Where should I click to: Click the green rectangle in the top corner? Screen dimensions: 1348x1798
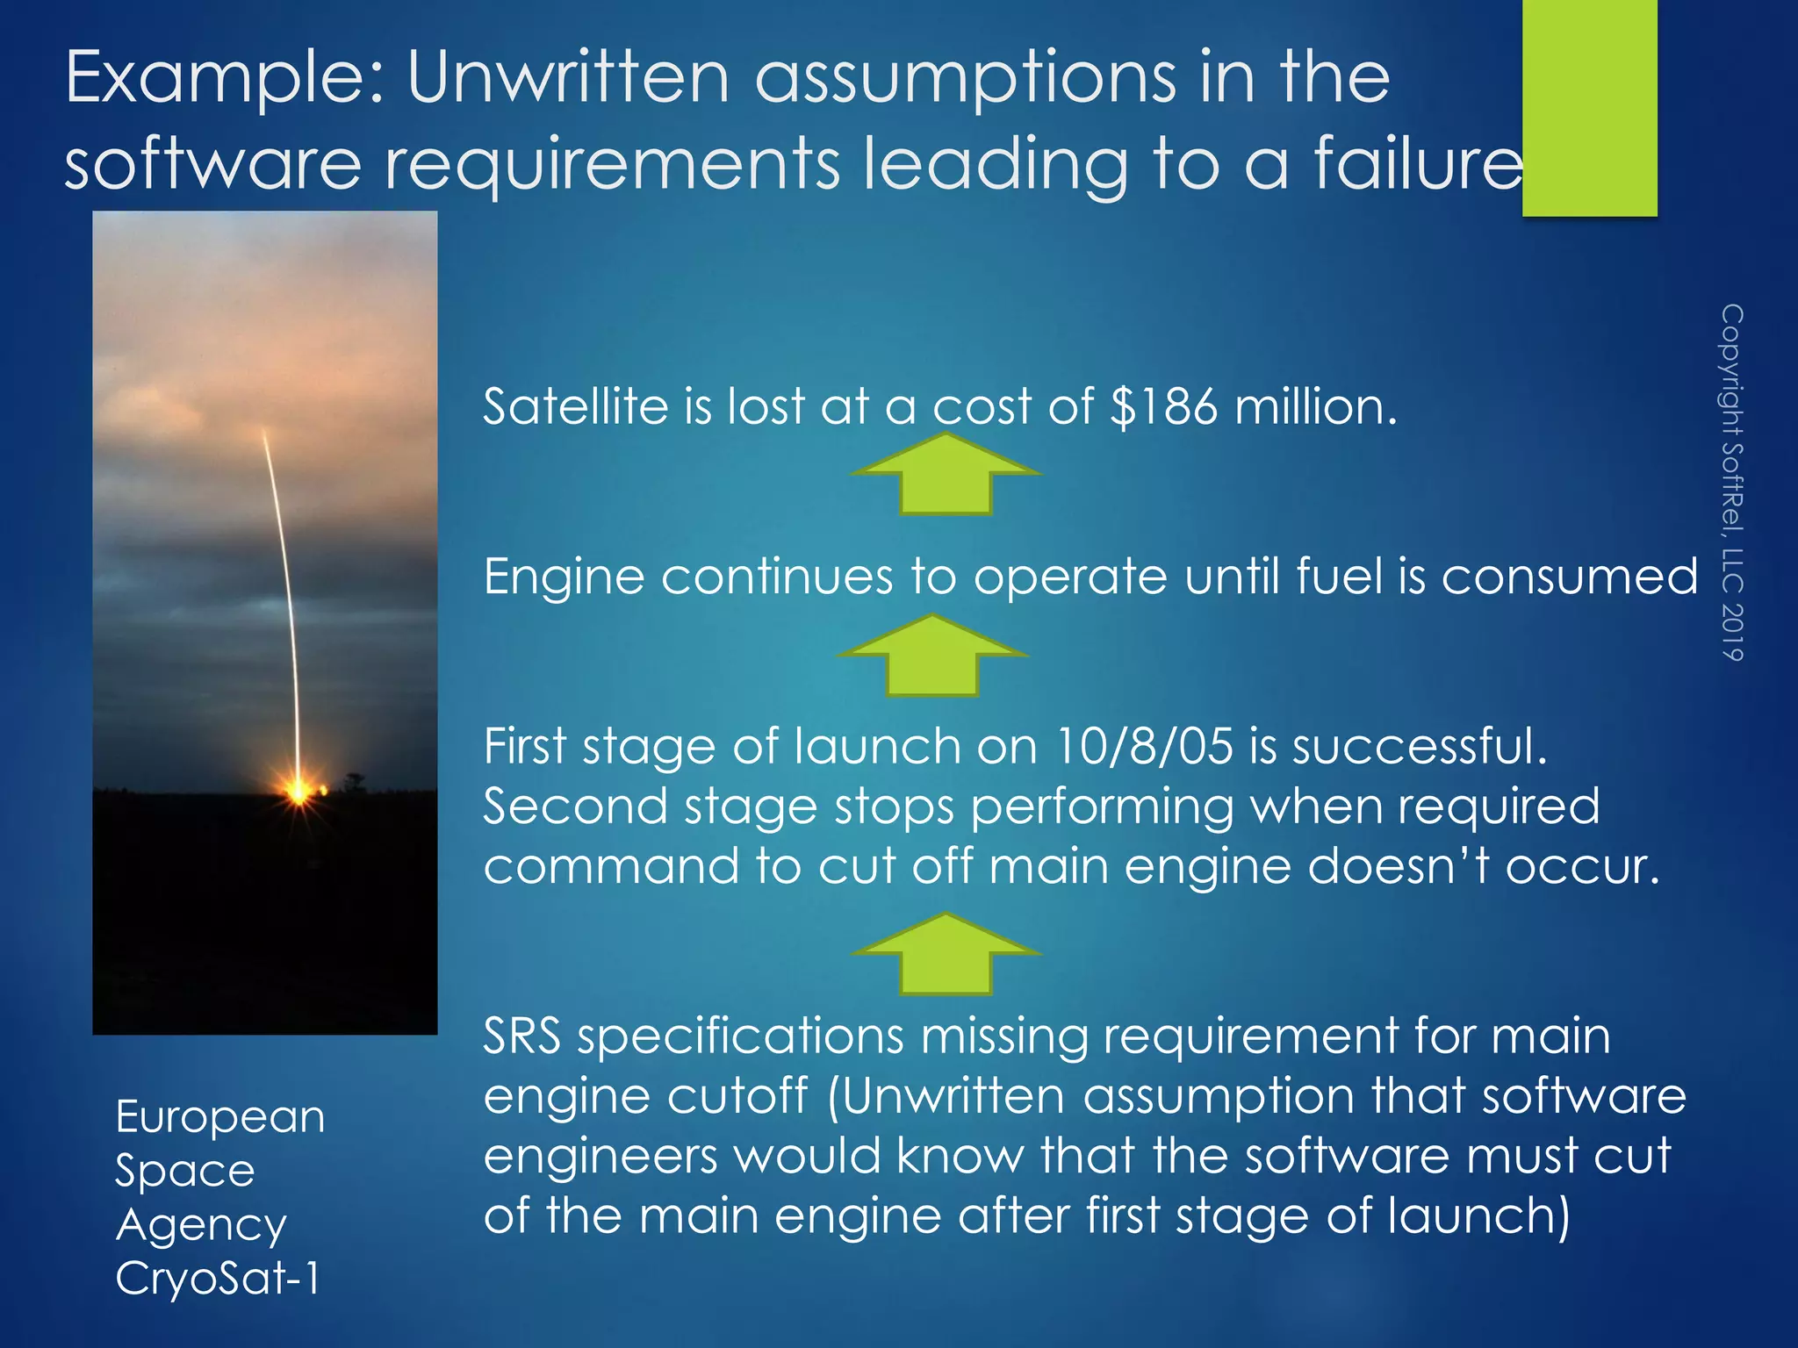pyautogui.click(x=1589, y=107)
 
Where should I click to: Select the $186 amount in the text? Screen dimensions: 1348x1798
pyautogui.click(x=1164, y=407)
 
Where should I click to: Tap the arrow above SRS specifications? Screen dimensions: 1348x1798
pyautogui.click(x=946, y=954)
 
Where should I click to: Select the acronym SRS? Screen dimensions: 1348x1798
pyautogui.click(x=521, y=1036)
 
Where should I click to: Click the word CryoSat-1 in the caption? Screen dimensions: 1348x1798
pyautogui.click(x=218, y=1278)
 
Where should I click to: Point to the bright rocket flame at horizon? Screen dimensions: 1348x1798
pyautogui.click(x=299, y=790)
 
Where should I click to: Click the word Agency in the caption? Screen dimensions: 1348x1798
pyautogui.click(x=201, y=1226)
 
